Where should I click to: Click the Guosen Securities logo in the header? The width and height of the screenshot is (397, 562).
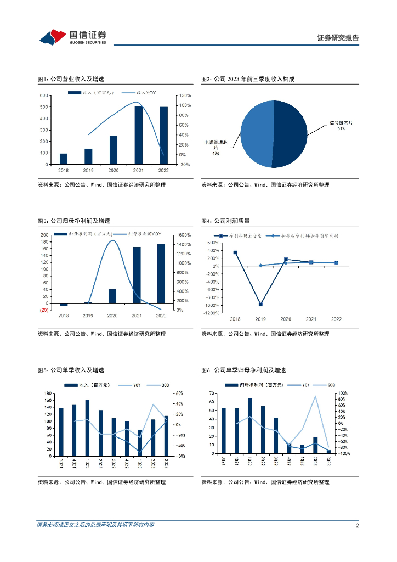72,37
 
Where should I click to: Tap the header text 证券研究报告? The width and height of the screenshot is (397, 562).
338,38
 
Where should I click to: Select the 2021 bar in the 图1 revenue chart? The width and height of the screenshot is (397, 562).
139,135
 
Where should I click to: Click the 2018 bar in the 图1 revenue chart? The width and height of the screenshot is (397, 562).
64,159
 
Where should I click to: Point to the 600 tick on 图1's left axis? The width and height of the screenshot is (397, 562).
43,95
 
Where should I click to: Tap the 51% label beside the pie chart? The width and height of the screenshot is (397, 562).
341,129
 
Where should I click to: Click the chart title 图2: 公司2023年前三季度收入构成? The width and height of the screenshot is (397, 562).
248,79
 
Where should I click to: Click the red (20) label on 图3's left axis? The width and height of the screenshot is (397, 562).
43,310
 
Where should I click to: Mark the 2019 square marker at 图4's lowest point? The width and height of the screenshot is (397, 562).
260,304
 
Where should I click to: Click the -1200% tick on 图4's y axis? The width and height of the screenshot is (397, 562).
212,313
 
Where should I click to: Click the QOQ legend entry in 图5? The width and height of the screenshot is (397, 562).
162,385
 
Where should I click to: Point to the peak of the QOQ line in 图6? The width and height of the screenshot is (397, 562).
315,396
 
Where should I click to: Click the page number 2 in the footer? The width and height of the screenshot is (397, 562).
357,525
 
